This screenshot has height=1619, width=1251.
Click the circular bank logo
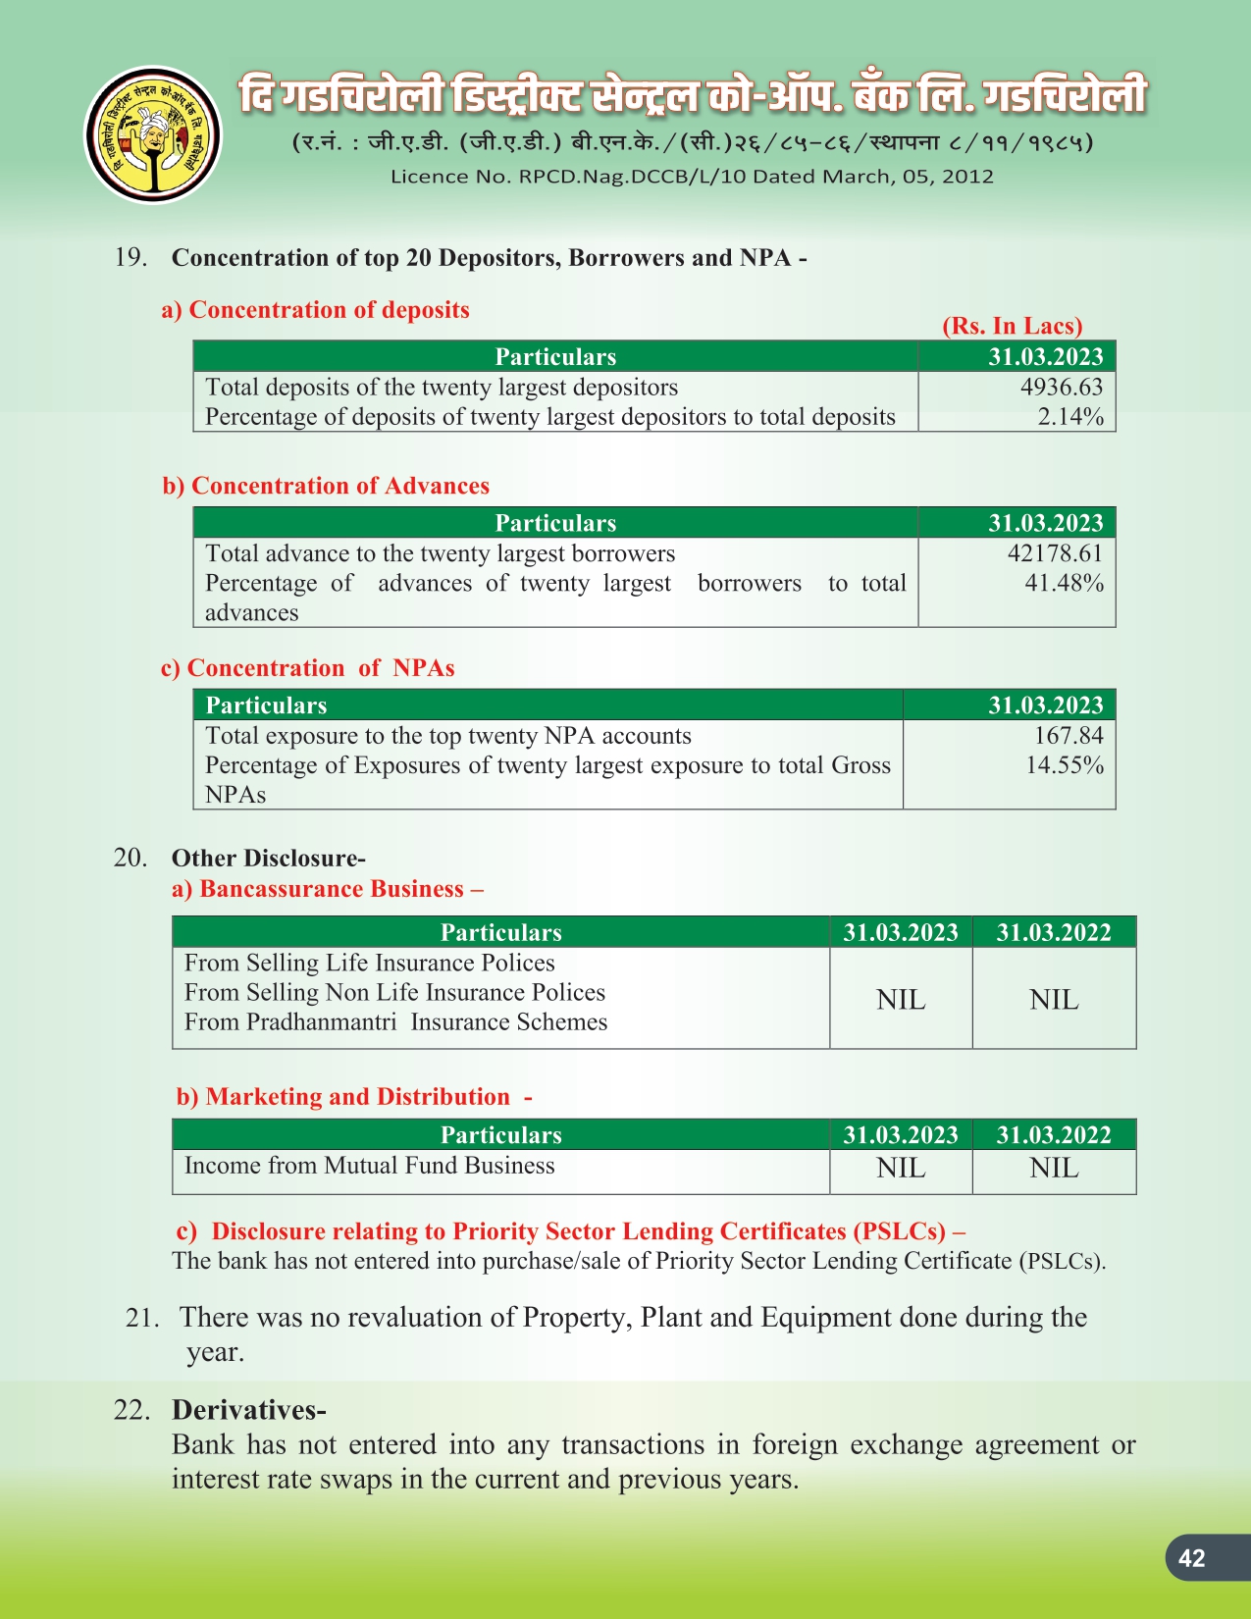[153, 134]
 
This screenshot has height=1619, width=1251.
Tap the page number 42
[1191, 1558]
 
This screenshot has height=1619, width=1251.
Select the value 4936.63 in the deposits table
[1061, 387]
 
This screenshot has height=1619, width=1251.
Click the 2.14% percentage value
[1070, 416]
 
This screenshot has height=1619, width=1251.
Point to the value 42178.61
[1055, 553]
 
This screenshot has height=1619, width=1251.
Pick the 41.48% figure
[1064, 583]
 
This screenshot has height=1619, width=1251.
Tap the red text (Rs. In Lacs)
[1012, 326]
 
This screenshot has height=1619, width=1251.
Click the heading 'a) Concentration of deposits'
[315, 310]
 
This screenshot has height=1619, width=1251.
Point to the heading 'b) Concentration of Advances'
[326, 486]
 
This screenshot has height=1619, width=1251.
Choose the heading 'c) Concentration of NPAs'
[307, 668]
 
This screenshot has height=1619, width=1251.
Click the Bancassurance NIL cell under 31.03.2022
[1053, 999]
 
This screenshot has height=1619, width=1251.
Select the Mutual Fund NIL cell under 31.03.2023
[900, 1168]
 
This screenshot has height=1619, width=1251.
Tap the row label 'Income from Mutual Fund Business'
[369, 1165]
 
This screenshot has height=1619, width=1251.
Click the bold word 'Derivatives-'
[248, 1410]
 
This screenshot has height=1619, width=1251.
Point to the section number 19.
[130, 257]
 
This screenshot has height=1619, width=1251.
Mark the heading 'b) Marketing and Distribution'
[353, 1097]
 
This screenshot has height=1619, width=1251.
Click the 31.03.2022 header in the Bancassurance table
[1053, 932]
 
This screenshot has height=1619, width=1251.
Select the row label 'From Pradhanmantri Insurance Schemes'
[395, 1021]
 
